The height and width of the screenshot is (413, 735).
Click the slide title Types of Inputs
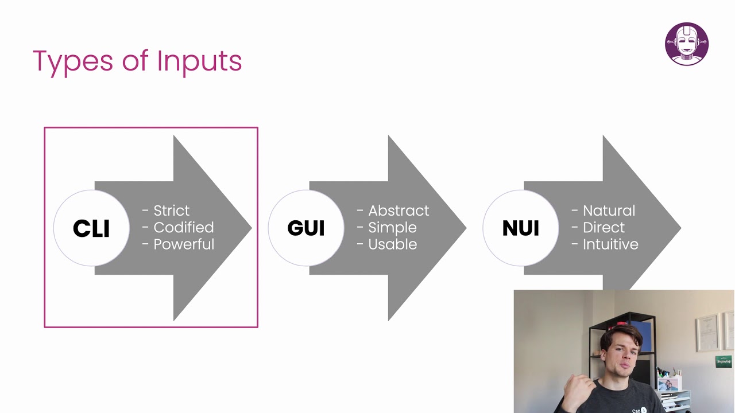click(x=137, y=61)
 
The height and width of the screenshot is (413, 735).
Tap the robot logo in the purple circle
click(x=687, y=44)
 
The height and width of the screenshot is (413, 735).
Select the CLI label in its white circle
click(x=91, y=228)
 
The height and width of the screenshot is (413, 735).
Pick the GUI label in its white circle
click(x=306, y=228)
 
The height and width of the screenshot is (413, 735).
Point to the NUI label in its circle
click(x=521, y=228)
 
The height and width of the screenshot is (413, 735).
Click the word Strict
click(x=171, y=211)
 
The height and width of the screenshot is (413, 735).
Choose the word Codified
click(x=183, y=227)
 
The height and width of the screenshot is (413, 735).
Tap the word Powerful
click(x=184, y=244)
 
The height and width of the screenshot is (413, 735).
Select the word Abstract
click(x=398, y=211)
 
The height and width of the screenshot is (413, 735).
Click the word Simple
click(x=392, y=227)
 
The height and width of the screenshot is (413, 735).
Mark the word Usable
click(x=392, y=244)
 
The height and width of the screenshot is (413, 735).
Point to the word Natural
click(x=609, y=211)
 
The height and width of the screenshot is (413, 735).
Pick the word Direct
click(x=604, y=227)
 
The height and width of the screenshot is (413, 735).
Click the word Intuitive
click(x=610, y=244)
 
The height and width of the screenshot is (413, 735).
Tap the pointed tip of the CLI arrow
click(x=250, y=228)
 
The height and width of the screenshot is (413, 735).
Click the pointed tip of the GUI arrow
click(x=465, y=228)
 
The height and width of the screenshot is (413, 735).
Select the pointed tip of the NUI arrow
click(x=679, y=228)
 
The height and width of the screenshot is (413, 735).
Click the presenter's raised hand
click(x=575, y=390)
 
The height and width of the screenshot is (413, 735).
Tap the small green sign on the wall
click(x=723, y=361)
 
